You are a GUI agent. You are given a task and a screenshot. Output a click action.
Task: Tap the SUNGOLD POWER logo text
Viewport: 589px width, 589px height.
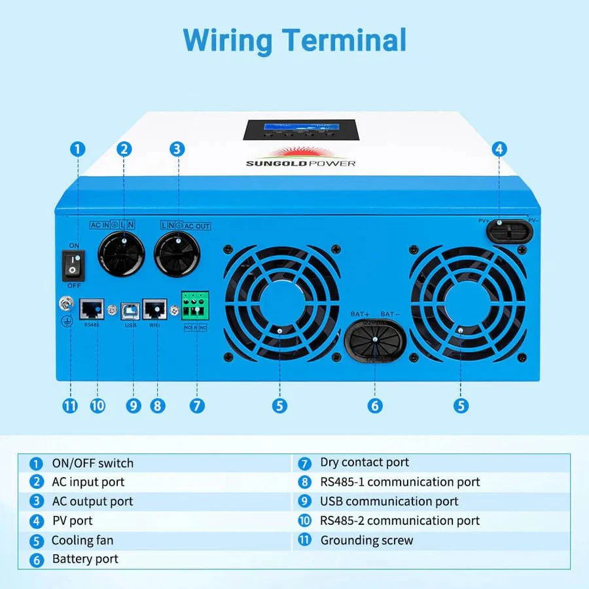tap(301, 162)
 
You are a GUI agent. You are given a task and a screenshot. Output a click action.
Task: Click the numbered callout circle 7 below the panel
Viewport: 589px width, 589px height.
tap(197, 406)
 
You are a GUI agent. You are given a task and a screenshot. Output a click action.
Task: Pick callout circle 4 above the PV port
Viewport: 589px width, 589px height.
tap(499, 149)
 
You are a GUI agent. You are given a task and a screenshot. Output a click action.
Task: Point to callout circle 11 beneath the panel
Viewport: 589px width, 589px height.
tap(70, 406)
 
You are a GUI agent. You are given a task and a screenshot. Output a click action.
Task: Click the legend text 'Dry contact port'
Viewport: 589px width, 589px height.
tap(365, 463)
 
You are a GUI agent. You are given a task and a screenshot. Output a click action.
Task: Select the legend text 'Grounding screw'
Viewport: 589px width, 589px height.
tap(366, 541)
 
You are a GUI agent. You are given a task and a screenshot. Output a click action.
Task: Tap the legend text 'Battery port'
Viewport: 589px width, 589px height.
tap(85, 560)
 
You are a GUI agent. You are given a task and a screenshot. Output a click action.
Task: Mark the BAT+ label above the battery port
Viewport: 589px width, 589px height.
tap(361, 314)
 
